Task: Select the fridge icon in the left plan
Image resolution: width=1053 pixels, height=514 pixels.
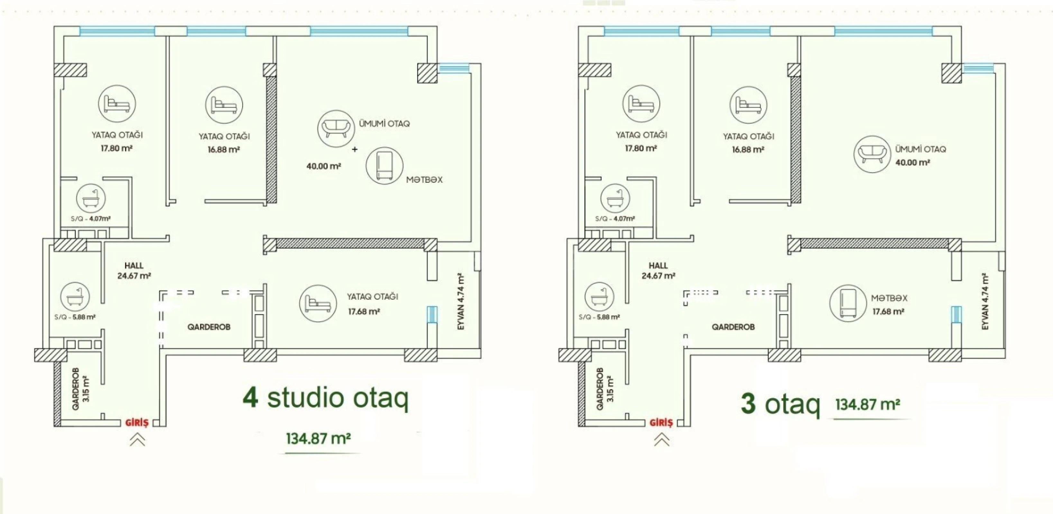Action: coord(384,166)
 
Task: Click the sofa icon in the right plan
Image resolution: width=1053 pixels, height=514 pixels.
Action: coord(872,154)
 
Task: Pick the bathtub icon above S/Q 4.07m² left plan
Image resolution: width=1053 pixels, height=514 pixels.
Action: coord(91,199)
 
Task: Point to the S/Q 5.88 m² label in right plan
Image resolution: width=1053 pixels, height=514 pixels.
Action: coord(599,317)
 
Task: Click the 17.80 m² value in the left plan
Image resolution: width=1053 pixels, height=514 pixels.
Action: coord(116,148)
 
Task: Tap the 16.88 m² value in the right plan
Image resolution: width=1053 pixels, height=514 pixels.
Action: coord(748,149)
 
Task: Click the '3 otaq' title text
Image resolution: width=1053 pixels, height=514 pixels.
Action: coord(780,404)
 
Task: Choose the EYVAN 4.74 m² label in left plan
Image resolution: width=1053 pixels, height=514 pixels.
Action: coord(461,302)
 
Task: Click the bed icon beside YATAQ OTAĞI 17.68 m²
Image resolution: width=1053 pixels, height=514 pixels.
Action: coord(318,303)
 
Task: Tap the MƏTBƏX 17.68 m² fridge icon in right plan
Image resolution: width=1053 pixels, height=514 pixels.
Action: coord(848,303)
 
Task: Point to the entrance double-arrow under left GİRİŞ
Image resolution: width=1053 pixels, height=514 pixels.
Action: coord(137,440)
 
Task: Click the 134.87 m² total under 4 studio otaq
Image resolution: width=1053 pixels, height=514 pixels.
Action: coord(318,439)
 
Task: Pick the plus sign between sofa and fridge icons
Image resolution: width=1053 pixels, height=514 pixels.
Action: coord(354,149)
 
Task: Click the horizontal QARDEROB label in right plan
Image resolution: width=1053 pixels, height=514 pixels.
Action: coord(733,327)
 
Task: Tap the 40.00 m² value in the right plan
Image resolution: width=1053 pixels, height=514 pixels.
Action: coord(912,163)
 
